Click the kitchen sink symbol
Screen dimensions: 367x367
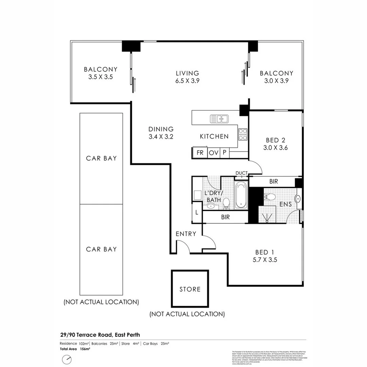(219, 119)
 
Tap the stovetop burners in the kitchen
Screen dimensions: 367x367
(243, 134)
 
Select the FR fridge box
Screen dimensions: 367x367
(200, 153)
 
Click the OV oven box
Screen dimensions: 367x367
(213, 153)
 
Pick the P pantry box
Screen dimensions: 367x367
(224, 153)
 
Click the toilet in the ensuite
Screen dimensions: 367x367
(270, 196)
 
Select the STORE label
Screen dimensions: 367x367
(190, 289)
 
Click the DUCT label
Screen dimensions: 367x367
(241, 173)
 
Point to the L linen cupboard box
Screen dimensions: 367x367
(197, 212)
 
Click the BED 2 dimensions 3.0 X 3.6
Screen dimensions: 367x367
(276, 148)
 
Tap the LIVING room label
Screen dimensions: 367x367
(187, 73)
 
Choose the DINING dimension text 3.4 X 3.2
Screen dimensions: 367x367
(161, 137)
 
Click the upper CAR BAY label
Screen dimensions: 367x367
(101, 158)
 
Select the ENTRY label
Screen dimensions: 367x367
(186, 234)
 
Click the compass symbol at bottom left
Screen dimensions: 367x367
(67, 359)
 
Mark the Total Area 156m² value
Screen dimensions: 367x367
(85, 349)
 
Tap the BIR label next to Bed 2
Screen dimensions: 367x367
(274, 181)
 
